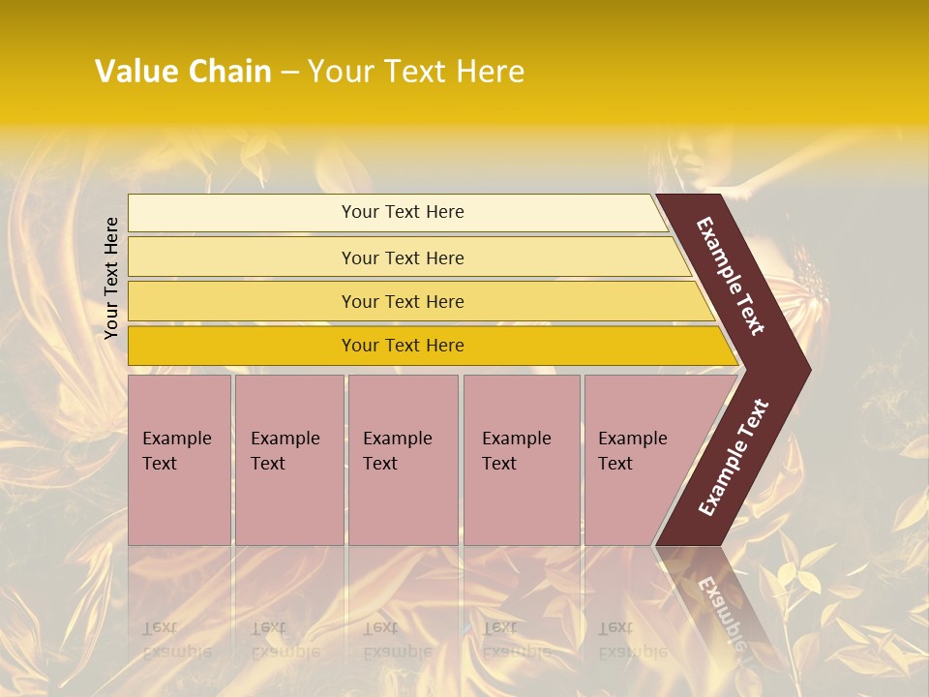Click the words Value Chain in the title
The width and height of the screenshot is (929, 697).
(x=183, y=72)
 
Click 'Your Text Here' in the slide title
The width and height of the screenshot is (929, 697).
(x=416, y=72)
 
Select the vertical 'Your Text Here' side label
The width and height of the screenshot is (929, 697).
(x=112, y=278)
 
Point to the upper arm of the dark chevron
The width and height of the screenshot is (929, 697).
(x=731, y=276)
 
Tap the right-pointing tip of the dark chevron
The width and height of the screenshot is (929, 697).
(x=799, y=369)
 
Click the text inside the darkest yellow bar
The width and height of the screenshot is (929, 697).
(x=403, y=346)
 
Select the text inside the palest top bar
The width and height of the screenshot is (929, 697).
(x=403, y=212)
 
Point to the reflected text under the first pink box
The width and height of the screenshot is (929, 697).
(x=176, y=640)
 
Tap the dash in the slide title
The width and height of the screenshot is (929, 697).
(x=289, y=73)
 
